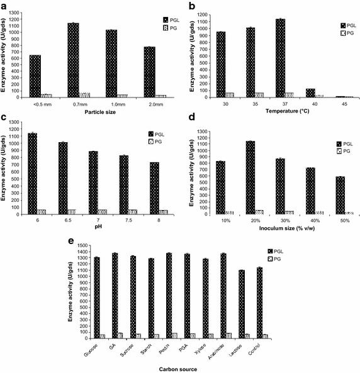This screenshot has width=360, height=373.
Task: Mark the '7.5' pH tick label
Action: (121, 221)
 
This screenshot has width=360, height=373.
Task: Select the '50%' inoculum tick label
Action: (340, 221)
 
